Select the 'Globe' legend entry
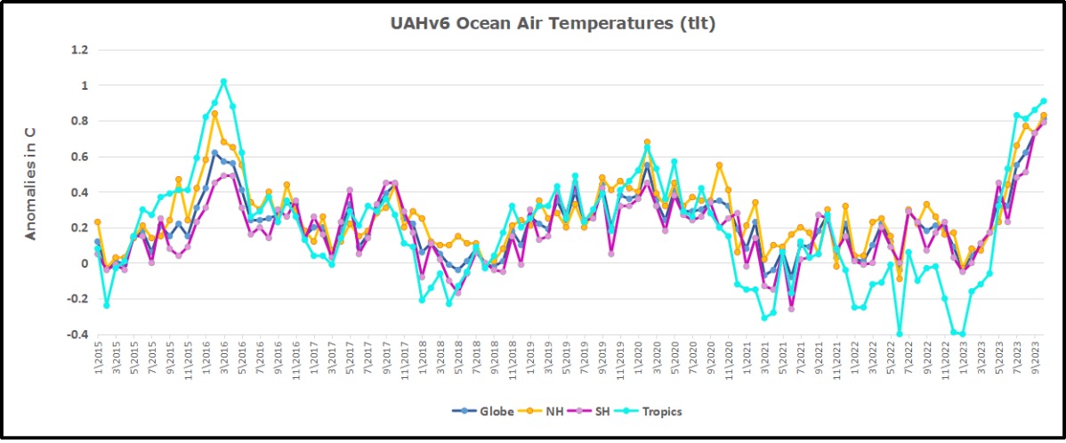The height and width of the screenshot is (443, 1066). (x=496, y=411)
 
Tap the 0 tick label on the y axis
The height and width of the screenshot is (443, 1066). (x=84, y=263)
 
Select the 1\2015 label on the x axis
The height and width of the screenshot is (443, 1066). (x=97, y=360)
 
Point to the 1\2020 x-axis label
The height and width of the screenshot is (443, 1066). (x=637, y=360)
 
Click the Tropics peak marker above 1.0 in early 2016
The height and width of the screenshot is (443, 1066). (x=223, y=82)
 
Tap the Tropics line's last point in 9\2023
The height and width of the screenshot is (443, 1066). (x=1044, y=101)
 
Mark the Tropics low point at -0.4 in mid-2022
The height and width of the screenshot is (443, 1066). (x=900, y=334)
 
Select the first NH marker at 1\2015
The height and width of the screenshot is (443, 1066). (x=97, y=221)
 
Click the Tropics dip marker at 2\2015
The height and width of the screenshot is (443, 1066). (x=106, y=305)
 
